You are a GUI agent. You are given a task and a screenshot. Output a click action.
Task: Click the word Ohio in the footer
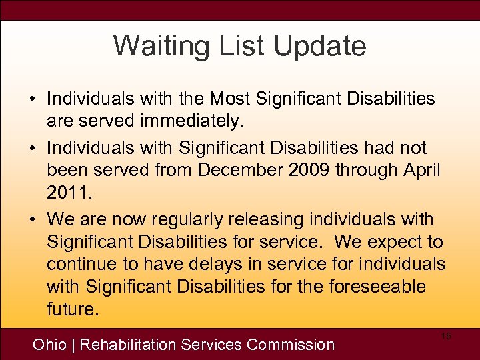(x=51, y=345)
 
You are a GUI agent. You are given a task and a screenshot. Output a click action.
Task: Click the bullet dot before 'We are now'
(x=33, y=220)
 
